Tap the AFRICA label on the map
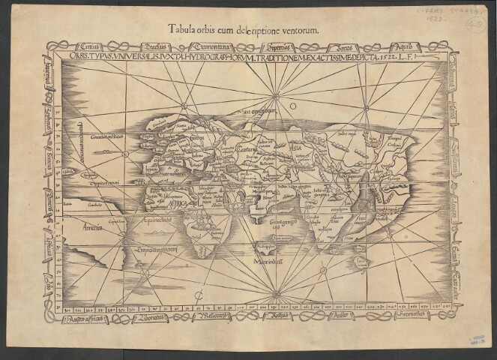pos(180,202)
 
